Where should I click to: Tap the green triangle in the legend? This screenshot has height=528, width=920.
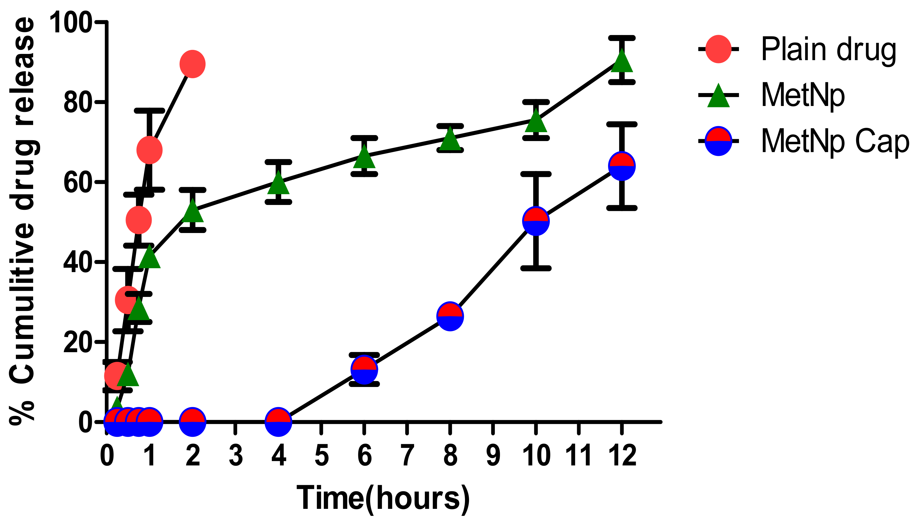[718, 96]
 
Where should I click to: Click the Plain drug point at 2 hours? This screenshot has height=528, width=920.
[193, 64]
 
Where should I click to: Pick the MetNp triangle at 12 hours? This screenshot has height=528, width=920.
[622, 62]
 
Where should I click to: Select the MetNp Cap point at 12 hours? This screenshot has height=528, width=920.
[622, 166]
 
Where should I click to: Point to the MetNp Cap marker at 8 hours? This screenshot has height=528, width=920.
[450, 316]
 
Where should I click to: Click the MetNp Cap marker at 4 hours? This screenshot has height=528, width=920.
[279, 422]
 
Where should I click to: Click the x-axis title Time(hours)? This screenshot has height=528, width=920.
[383, 499]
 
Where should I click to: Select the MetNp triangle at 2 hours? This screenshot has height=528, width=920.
[193, 212]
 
